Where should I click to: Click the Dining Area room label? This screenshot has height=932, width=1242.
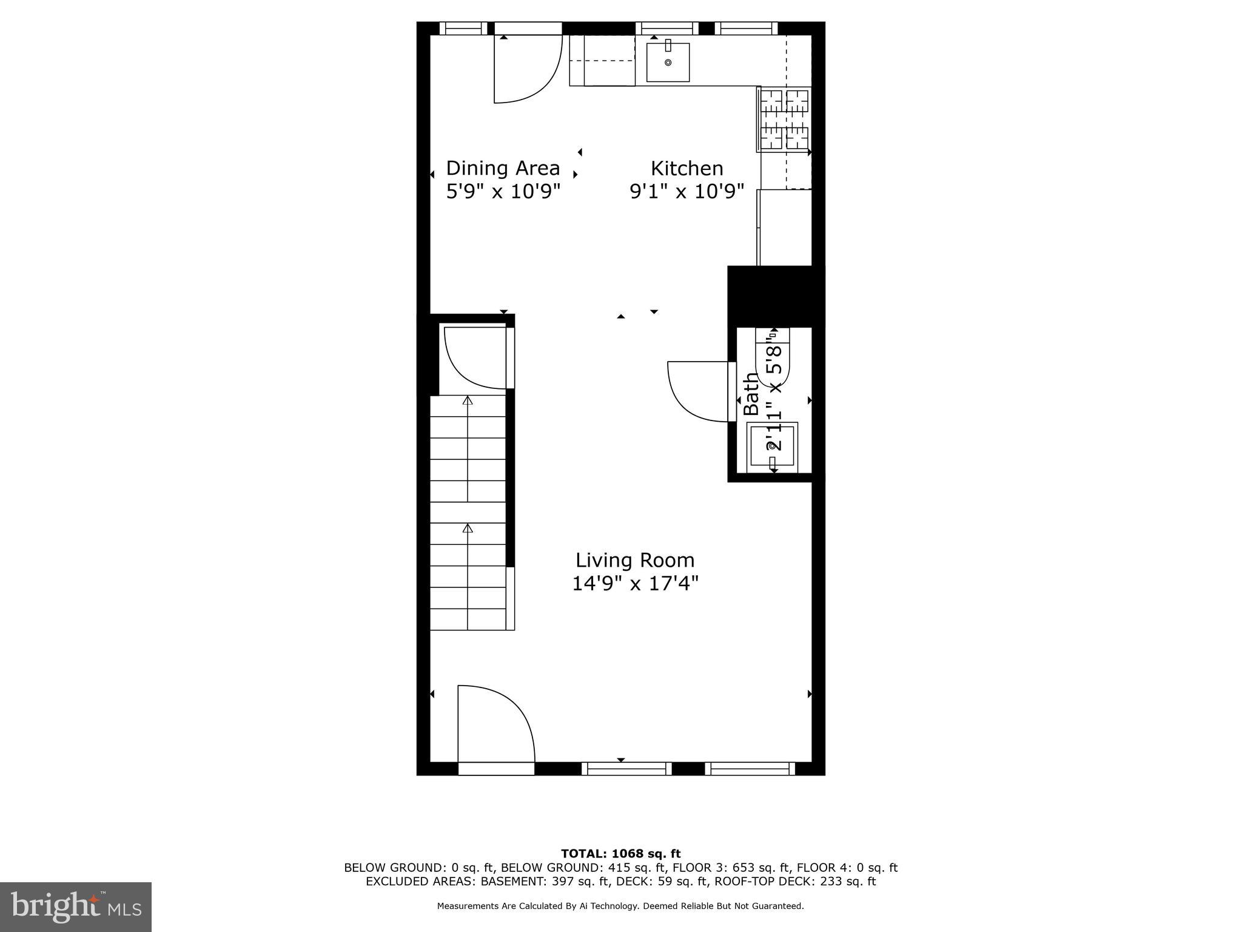click(503, 168)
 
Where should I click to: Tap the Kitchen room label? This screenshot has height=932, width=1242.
click(686, 168)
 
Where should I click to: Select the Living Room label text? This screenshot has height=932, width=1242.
click(635, 560)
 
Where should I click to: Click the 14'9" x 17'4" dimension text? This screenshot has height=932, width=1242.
click(635, 584)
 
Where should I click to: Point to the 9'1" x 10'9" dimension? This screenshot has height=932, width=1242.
click(686, 192)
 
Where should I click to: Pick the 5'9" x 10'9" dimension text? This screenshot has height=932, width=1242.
click(503, 192)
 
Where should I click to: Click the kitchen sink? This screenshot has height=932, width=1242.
click(668, 62)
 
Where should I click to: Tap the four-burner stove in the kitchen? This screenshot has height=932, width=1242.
click(785, 120)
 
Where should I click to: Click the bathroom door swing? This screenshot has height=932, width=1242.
click(697, 391)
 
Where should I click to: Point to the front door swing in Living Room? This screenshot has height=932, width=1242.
click(495, 723)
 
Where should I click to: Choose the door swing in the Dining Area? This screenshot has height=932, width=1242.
click(525, 68)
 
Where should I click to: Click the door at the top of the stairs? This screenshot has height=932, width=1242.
click(476, 357)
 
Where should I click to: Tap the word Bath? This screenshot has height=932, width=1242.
click(751, 394)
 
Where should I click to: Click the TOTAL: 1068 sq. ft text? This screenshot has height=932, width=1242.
click(620, 854)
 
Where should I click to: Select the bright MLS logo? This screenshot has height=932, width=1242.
click(76, 907)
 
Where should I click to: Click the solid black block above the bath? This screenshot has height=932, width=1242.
click(775, 296)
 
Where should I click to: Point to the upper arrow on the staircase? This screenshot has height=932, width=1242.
click(468, 400)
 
